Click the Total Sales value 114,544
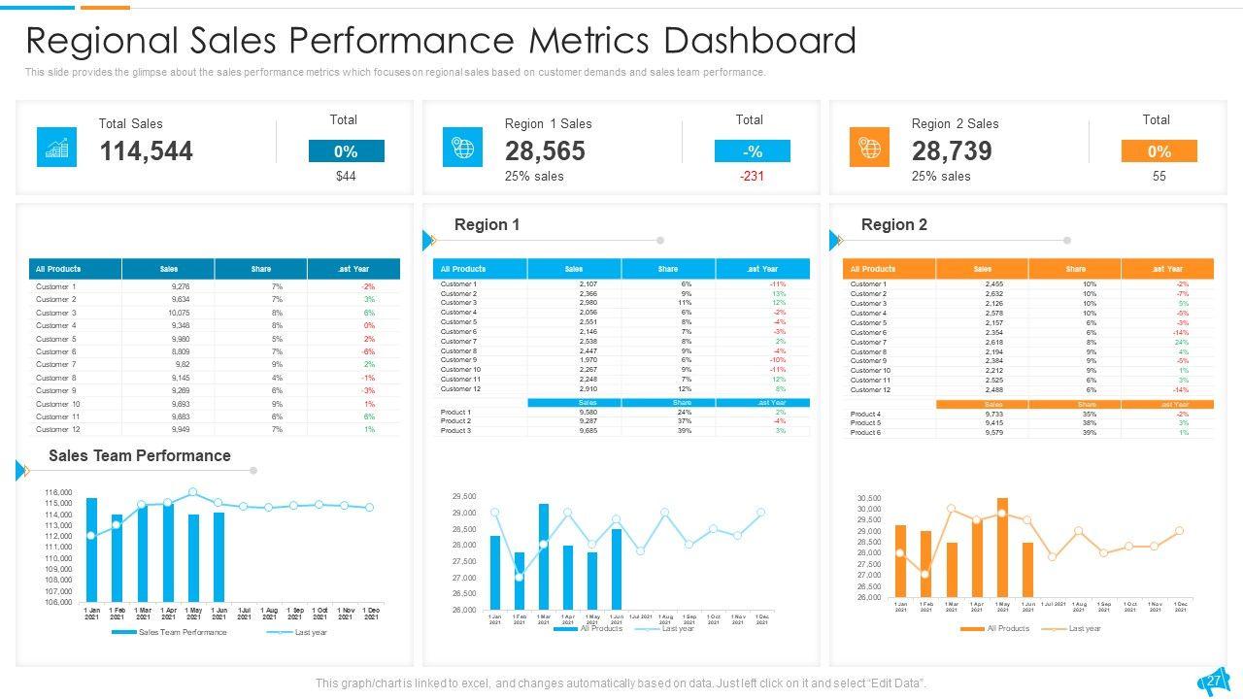(x=146, y=151)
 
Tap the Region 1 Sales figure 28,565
(x=545, y=151)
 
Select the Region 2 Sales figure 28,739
(x=952, y=151)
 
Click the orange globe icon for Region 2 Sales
(x=869, y=148)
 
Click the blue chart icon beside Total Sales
(x=56, y=148)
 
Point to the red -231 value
(x=752, y=177)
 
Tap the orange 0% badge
(x=1159, y=151)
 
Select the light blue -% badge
(x=752, y=151)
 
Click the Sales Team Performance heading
(x=139, y=456)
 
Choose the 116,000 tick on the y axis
(x=58, y=493)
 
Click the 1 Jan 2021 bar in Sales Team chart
(x=91, y=549)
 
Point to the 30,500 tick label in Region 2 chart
(x=868, y=499)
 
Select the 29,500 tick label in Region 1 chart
(x=464, y=497)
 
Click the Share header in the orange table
(x=1075, y=269)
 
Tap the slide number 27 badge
(x=1214, y=682)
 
